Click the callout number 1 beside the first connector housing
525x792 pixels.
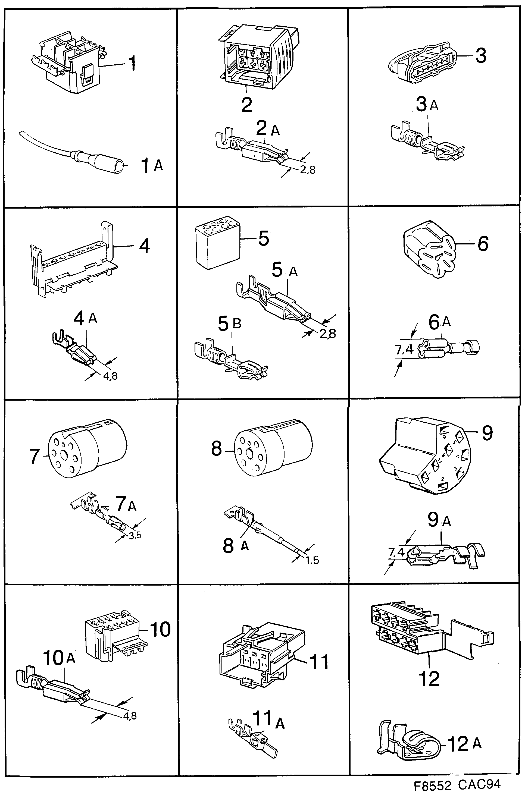coord(132,63)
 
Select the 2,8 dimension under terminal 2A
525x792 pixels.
coord(307,170)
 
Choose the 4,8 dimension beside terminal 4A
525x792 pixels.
coord(110,376)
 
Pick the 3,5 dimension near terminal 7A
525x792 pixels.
coord(135,535)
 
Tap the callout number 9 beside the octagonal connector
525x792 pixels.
coord(487,433)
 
